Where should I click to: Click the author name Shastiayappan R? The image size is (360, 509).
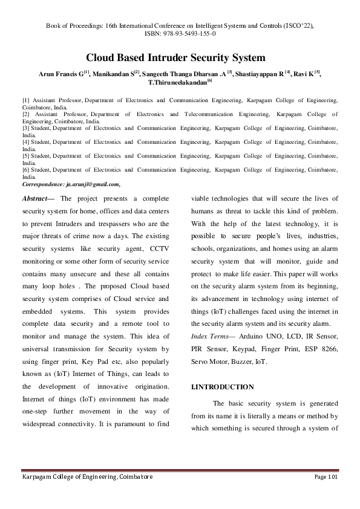[262, 73]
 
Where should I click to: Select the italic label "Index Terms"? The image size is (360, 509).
[208, 335]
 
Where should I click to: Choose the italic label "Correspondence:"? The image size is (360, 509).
[42, 184]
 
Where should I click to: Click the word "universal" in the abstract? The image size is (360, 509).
[39, 349]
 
